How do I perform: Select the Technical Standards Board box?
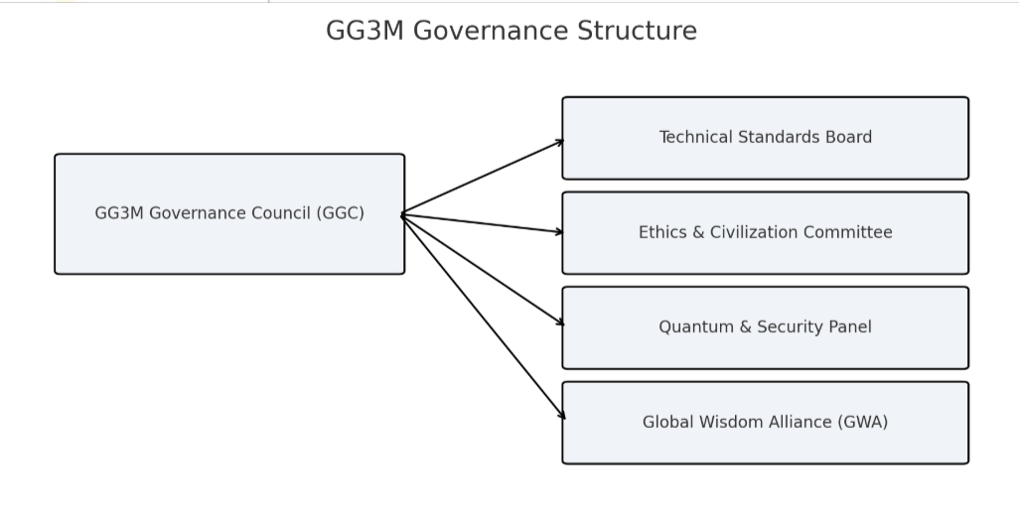(765, 159)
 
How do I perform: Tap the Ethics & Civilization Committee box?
(765, 254)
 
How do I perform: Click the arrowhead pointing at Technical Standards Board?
(560, 142)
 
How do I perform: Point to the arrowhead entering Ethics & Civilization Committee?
(560, 232)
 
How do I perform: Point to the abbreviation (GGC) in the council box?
(341, 213)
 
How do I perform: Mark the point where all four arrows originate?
(402, 214)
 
